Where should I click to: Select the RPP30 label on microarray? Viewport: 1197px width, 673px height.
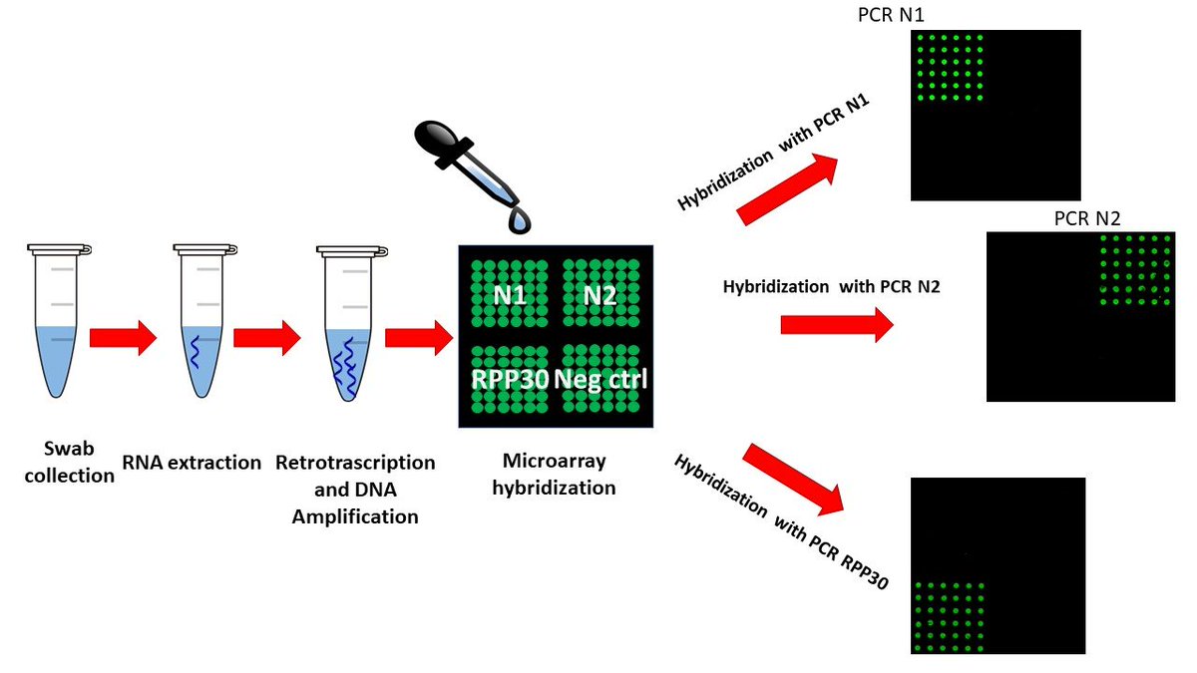click(509, 379)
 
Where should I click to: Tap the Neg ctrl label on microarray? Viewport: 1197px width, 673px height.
click(600, 379)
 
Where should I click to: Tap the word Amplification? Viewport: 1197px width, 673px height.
click(354, 516)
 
